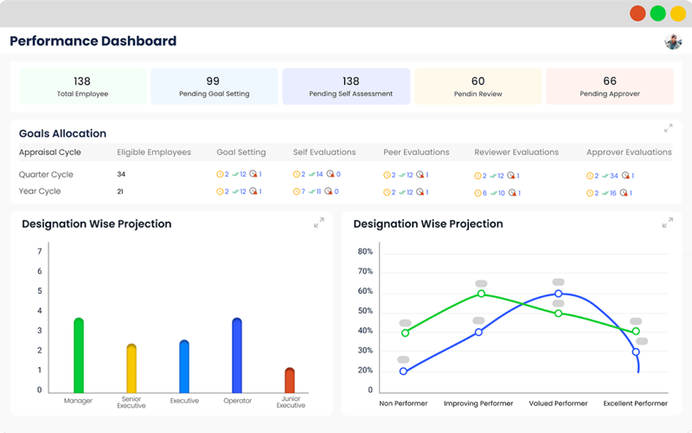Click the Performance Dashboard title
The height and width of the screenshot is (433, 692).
point(93,42)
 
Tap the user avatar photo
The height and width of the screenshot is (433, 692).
point(673,42)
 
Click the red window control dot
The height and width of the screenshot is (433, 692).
point(638,13)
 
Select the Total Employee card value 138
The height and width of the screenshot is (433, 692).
point(82,81)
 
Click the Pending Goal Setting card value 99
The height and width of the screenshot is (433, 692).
point(214,81)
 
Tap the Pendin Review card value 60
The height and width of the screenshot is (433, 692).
point(477,81)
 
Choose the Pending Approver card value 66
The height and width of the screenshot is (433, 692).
point(610,81)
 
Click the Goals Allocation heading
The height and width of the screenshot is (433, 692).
point(62,133)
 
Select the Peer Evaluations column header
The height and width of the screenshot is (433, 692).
point(416,152)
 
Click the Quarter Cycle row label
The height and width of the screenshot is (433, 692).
point(46,174)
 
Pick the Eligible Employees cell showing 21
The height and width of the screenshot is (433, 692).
point(120,191)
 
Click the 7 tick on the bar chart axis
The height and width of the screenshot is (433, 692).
point(39,252)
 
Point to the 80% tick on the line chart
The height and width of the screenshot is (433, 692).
point(365,252)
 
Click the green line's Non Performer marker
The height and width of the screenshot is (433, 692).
point(404,333)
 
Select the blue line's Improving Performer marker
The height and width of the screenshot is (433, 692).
point(478,332)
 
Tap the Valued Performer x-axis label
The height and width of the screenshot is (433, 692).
point(558,404)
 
